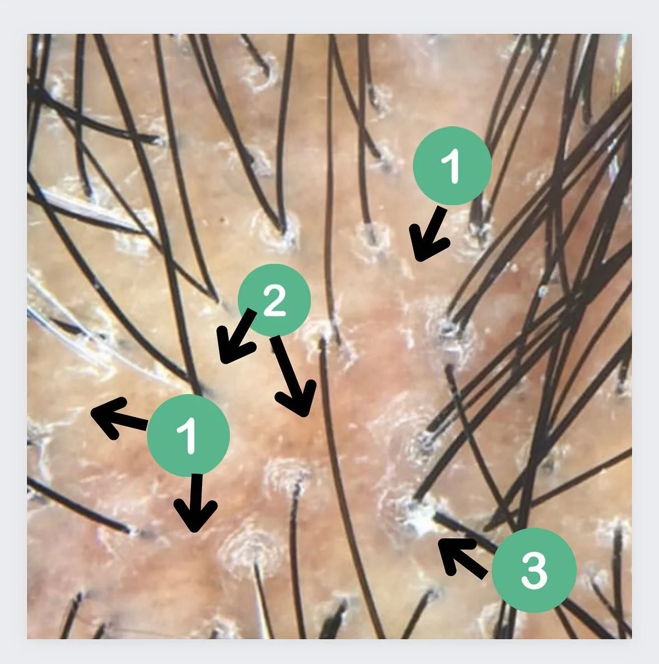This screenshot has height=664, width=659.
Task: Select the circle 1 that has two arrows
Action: coord(188,435)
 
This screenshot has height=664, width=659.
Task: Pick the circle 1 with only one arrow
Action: coord(452,165)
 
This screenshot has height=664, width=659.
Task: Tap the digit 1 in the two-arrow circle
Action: coord(189,435)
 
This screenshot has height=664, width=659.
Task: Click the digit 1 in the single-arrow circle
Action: coord(452,166)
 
